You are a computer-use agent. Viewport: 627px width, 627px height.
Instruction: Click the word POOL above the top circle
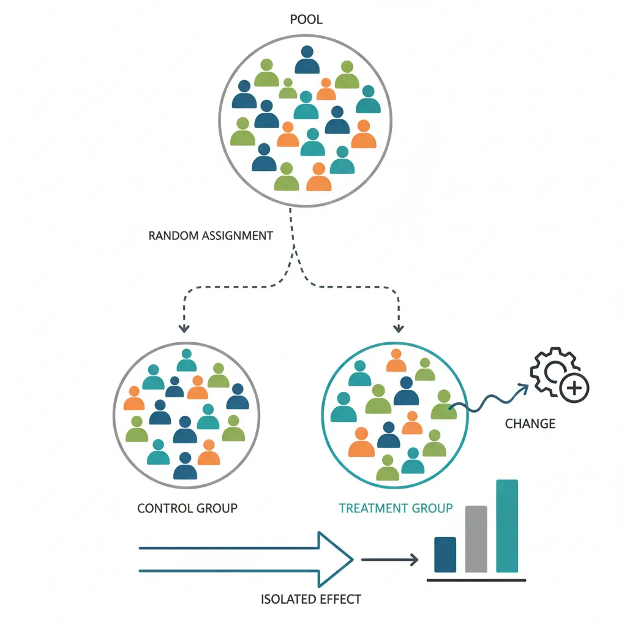pos(306,20)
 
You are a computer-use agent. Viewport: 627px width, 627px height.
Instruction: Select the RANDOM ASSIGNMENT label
pos(211,235)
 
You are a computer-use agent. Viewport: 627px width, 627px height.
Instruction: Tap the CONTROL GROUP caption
pos(187,508)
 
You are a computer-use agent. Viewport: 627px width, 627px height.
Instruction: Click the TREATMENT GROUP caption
pos(396,508)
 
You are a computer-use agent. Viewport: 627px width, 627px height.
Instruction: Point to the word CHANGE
pos(530,423)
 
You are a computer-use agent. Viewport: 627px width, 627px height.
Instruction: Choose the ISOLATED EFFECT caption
pos(311,599)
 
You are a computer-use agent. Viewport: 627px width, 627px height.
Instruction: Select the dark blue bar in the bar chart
pos(445,555)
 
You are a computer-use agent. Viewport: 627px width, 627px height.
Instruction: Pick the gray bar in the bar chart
pos(476,539)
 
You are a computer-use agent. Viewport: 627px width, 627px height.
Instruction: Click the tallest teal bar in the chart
pos(507,526)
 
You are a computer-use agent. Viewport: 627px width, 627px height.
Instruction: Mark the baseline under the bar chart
pos(476,579)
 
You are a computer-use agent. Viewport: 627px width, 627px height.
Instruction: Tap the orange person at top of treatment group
pos(396,361)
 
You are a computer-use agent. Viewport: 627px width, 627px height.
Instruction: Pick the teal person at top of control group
pos(187,361)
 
